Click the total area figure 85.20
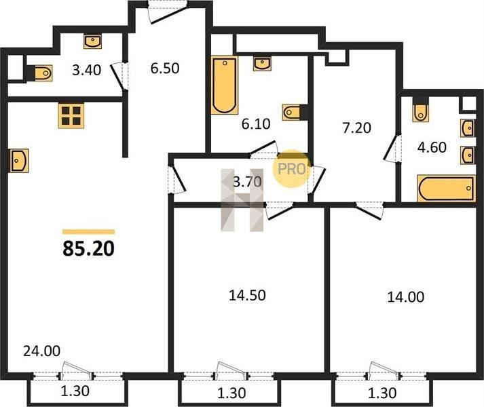[89, 249]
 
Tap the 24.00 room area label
[41, 351]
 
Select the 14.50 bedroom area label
[247, 295]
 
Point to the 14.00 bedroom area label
[406, 297]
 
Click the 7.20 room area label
[356, 128]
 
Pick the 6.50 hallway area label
[165, 69]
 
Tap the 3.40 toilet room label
[87, 70]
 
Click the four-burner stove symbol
[71, 116]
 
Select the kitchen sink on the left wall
[20, 161]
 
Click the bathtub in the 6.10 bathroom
[225, 85]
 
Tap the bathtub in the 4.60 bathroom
[447, 188]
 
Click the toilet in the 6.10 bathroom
[292, 112]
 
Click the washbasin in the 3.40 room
[92, 41]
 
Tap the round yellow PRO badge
[291, 168]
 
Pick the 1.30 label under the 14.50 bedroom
[231, 393]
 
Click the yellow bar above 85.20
[89, 232]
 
